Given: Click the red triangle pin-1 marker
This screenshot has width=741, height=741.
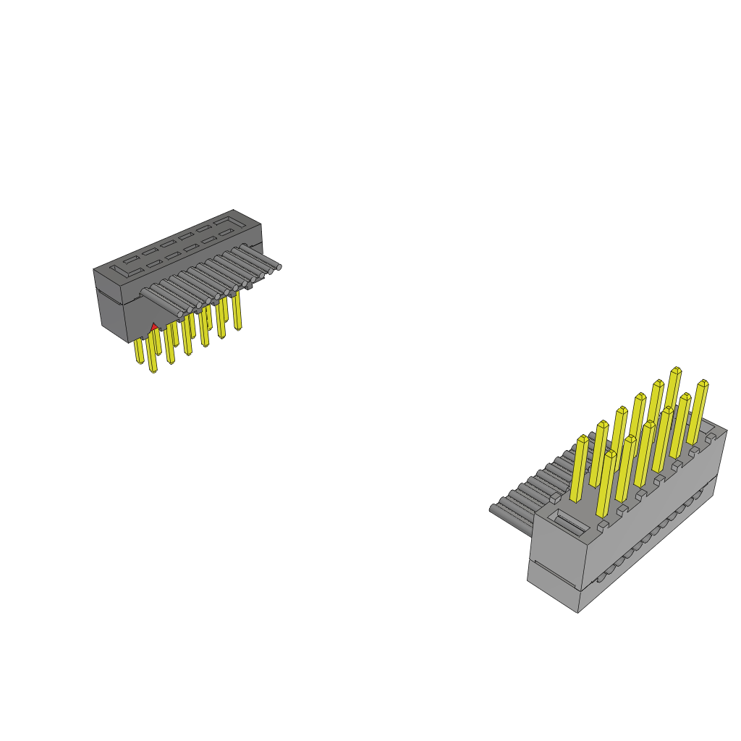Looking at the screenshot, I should pyautogui.click(x=153, y=328).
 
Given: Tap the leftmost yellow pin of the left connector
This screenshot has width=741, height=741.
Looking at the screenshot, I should pyautogui.click(x=138, y=352).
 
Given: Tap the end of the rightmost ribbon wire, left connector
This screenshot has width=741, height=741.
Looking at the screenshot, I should pyautogui.click(x=279, y=267).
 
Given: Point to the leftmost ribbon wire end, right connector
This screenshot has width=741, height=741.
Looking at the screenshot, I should pyautogui.click(x=494, y=509).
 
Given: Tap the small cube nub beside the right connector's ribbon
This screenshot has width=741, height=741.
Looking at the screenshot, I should pyautogui.click(x=553, y=498).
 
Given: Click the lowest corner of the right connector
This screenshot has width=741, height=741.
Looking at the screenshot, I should pyautogui.click(x=577, y=612).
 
